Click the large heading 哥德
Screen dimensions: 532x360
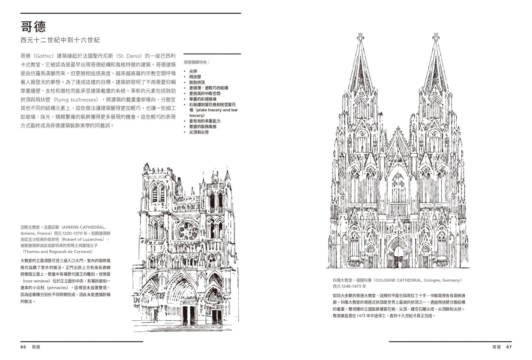click(33, 27)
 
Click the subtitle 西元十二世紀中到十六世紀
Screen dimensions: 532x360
click(60, 40)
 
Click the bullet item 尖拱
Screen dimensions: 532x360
click(193, 71)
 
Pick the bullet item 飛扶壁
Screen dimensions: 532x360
click(195, 77)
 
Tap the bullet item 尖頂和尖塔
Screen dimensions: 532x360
click(199, 132)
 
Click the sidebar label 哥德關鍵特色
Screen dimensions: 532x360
click(197, 62)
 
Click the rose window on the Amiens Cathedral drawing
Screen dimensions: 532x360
click(188, 231)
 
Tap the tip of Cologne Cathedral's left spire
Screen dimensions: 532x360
click(361, 34)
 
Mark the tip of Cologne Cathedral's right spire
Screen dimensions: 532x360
click(436, 34)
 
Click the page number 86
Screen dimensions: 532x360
click(23, 347)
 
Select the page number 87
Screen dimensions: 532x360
click(509, 347)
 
